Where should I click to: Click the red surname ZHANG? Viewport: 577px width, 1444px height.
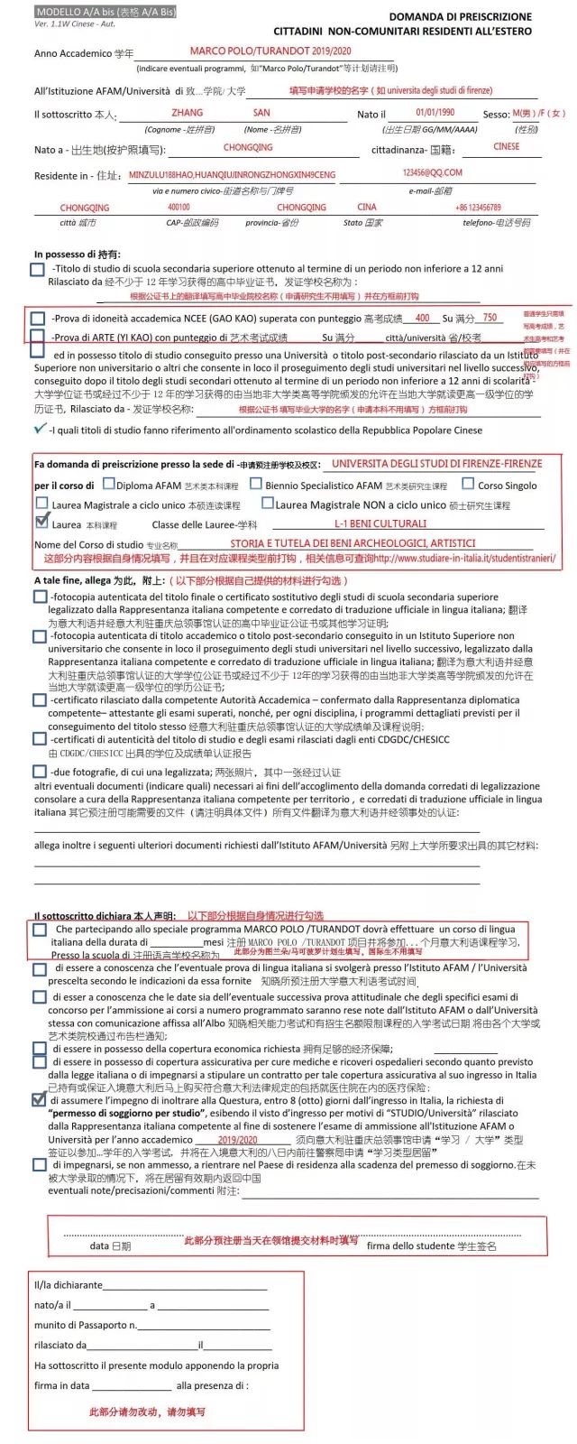point(187,113)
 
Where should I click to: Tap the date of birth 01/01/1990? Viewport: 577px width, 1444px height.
point(435,113)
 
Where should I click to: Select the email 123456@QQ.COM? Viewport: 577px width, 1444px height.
point(432,172)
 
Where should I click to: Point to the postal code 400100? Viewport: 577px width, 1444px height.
point(179,208)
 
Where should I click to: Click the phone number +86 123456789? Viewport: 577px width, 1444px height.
point(478,208)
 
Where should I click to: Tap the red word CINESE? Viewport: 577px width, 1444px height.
point(506,146)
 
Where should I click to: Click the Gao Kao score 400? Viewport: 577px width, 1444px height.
point(422,318)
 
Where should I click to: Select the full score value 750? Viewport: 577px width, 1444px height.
point(490,318)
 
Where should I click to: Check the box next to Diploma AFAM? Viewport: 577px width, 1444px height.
point(109,484)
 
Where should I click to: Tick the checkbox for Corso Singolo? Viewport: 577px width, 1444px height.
point(468,484)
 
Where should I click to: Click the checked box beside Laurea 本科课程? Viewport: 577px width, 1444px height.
point(41,521)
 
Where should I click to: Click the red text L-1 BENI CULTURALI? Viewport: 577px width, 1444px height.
point(380,523)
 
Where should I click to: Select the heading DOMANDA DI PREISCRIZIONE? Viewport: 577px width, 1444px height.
point(460,16)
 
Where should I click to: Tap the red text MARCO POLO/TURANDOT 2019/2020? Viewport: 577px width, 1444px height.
point(270,52)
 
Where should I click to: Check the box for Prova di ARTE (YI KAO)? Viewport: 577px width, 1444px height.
point(37,336)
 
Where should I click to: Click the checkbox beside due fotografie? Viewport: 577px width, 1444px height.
point(39,772)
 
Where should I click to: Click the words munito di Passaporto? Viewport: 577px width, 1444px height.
point(85,1325)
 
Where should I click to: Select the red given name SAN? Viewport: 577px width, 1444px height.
point(261,113)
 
